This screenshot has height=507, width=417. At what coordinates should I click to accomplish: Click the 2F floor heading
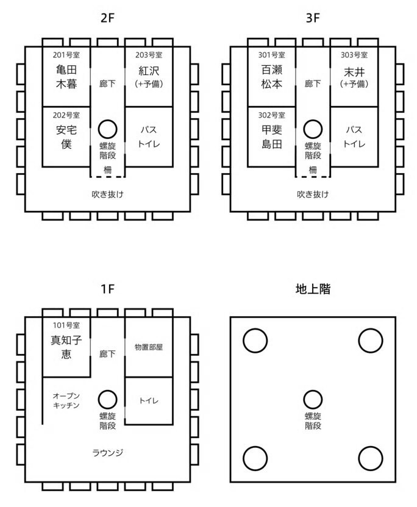tap(107, 18)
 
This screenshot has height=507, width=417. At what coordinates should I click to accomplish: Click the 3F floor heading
tap(313, 18)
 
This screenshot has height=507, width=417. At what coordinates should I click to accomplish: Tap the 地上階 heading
tap(313, 289)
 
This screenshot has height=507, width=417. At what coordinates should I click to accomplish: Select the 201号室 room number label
tap(66, 55)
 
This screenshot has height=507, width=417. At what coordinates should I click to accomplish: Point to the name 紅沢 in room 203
tap(149, 71)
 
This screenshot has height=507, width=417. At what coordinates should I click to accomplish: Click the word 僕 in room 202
tap(66, 144)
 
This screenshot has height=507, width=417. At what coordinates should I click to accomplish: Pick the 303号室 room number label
tap(354, 55)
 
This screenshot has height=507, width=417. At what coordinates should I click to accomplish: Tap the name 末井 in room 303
tap(354, 72)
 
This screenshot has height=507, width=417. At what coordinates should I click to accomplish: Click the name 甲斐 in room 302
tap(272, 130)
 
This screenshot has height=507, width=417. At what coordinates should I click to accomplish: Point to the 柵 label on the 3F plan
tap(313, 170)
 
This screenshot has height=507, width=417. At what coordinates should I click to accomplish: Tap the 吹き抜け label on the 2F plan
tap(107, 194)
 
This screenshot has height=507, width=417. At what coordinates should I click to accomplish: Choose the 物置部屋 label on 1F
tap(149, 347)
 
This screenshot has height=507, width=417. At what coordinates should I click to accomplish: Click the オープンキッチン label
tap(66, 400)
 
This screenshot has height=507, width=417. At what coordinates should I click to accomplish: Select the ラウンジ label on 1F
tap(107, 453)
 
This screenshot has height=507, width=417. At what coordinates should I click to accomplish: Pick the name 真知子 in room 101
tap(66, 340)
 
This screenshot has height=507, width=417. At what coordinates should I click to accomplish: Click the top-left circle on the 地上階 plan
tap(255, 329)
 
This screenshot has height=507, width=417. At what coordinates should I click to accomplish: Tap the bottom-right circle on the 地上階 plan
tap(371, 447)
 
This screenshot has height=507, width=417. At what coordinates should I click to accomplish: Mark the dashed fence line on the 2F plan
tap(107, 177)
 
